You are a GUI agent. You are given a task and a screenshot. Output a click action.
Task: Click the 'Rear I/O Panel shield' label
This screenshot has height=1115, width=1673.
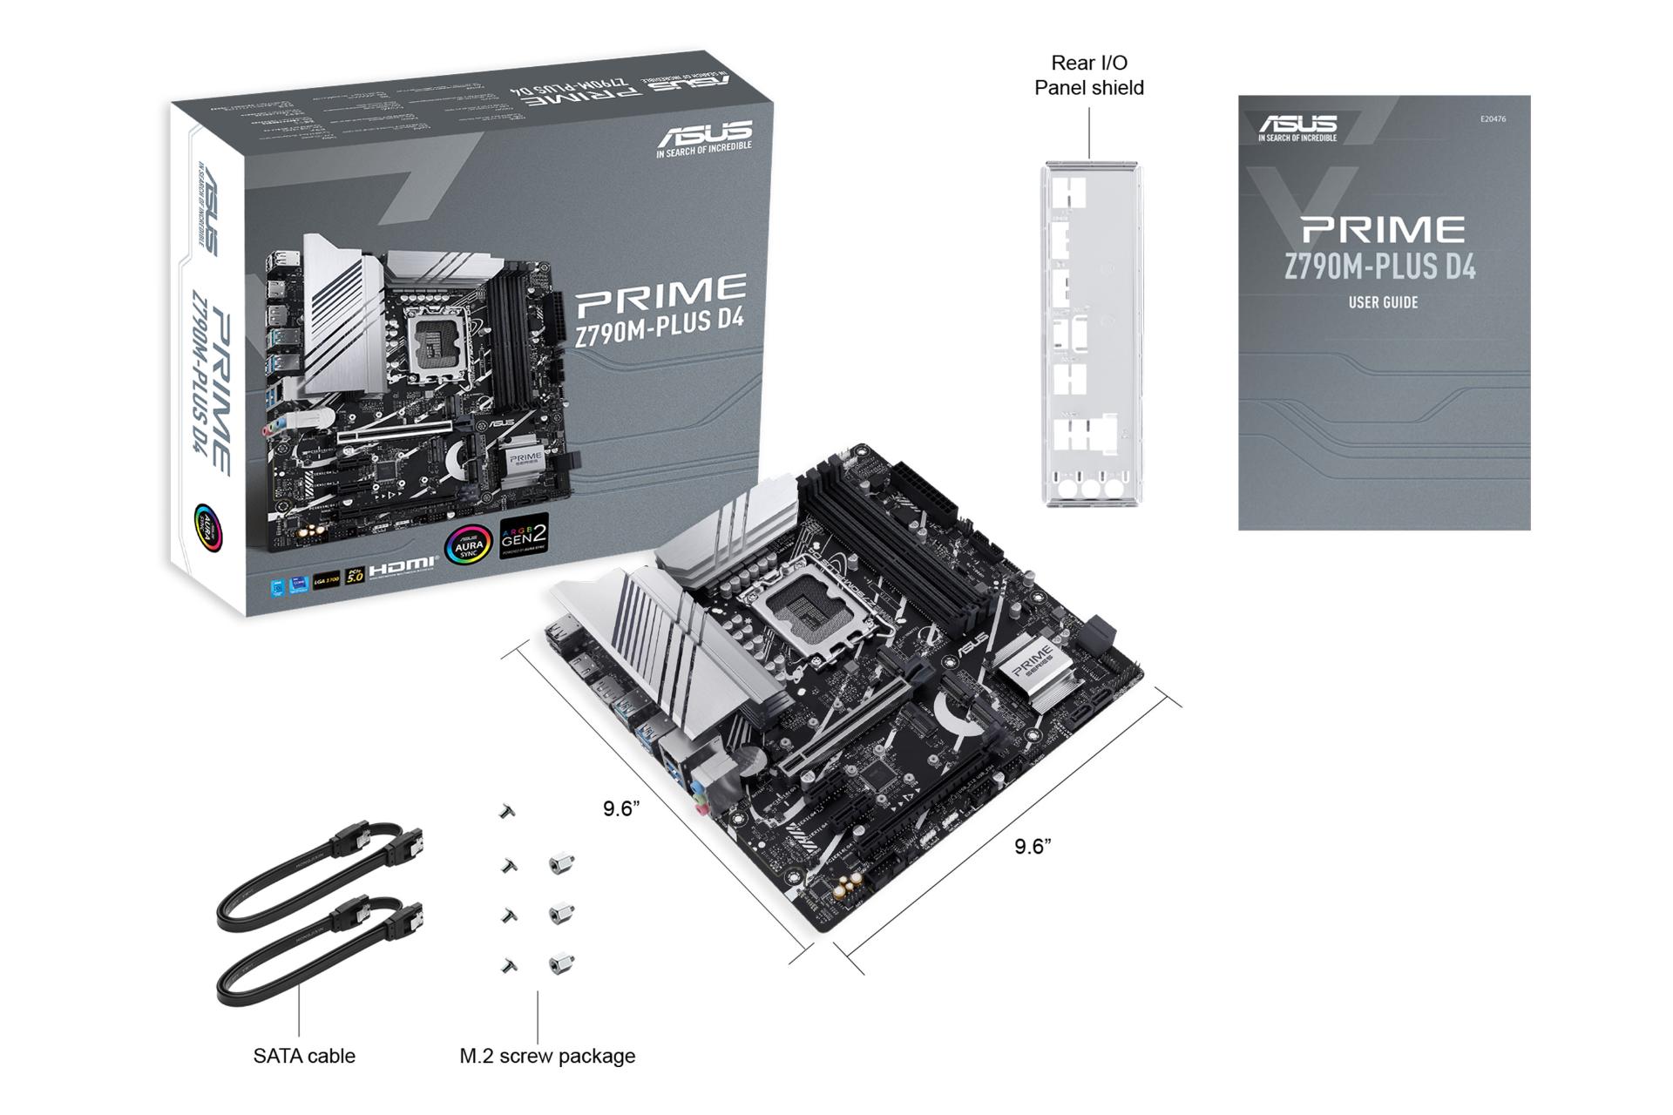(x=1088, y=76)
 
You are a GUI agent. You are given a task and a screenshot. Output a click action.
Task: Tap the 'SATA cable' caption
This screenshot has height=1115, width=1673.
(x=304, y=1056)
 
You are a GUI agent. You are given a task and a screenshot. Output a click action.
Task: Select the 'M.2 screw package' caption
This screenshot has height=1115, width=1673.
(x=547, y=1056)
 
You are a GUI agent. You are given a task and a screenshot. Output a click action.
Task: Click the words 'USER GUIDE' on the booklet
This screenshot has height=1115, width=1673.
(x=1383, y=303)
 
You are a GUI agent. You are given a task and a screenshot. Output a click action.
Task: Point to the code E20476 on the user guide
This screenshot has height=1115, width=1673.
(x=1493, y=119)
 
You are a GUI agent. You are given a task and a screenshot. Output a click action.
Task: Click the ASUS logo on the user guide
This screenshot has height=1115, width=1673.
(x=1297, y=127)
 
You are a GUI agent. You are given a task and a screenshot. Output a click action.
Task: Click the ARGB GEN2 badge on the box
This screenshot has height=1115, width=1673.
(x=524, y=538)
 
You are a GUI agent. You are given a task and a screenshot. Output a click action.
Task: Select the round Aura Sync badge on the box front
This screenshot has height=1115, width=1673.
(x=468, y=545)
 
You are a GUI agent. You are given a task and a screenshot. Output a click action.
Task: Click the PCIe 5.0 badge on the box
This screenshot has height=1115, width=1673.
(x=354, y=576)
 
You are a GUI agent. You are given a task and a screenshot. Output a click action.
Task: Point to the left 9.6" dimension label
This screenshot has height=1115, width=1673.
(x=621, y=809)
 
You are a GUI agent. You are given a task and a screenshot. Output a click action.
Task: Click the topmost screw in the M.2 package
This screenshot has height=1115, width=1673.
(x=507, y=812)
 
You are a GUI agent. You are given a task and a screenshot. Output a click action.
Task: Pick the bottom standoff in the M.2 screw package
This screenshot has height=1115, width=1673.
(x=561, y=964)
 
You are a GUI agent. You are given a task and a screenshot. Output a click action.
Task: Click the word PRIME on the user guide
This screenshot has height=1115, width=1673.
(x=1383, y=230)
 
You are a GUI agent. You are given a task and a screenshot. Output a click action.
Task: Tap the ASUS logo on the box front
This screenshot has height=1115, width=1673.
(x=704, y=138)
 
